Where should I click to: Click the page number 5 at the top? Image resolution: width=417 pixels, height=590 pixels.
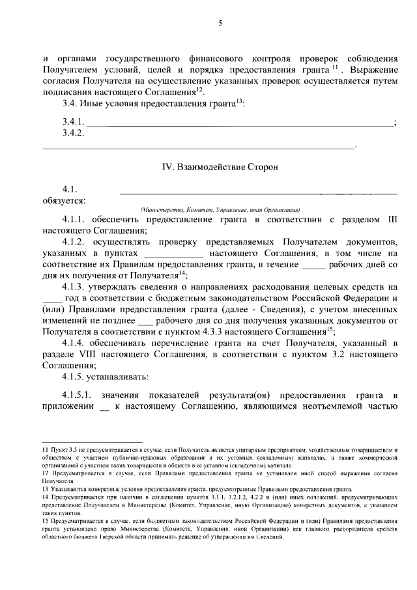point(220,23)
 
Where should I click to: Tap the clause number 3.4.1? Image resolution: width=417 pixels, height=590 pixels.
point(74,123)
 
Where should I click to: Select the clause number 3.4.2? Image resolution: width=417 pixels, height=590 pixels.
point(74,134)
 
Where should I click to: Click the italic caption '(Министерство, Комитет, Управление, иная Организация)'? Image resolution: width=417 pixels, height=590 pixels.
point(219,210)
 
